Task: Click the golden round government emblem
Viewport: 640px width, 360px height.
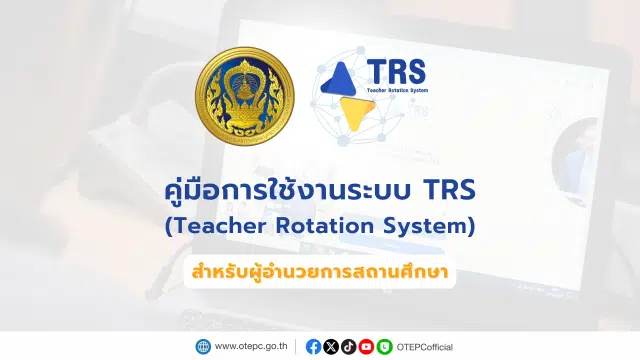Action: [245, 96]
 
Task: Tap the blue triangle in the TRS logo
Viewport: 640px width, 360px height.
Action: [340, 80]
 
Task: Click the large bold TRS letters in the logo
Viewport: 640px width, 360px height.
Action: [396, 71]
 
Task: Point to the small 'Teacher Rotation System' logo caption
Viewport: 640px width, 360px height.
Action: [397, 90]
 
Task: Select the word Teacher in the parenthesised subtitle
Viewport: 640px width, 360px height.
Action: [218, 226]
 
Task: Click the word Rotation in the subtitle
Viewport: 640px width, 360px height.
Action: [325, 226]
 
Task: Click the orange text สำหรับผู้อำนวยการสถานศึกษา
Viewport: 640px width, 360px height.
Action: [320, 272]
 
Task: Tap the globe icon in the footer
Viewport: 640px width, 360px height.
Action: [203, 347]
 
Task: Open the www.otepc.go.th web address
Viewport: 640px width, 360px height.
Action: [251, 347]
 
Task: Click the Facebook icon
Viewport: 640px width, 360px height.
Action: [313, 347]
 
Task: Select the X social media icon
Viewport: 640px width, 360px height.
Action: [331, 347]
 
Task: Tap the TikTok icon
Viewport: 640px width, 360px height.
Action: [349, 347]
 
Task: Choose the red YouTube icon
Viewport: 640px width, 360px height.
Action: [366, 347]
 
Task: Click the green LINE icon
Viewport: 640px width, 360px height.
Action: [384, 347]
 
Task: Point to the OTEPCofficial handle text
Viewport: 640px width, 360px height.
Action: [424, 347]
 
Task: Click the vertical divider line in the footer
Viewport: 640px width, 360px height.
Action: [296, 347]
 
